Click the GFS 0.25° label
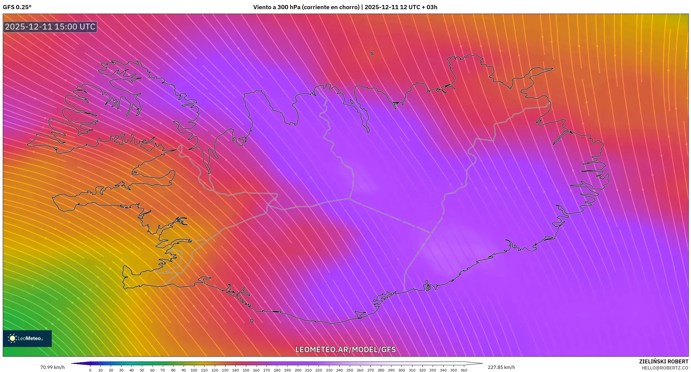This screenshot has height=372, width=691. [17, 7]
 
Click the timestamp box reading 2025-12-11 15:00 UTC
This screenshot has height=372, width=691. [50, 27]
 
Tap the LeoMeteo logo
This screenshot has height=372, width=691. [27, 338]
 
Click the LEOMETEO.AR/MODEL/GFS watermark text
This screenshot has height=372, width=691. [345, 350]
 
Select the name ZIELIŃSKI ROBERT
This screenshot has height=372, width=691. [663, 361]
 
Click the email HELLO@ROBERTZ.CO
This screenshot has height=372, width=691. [667, 368]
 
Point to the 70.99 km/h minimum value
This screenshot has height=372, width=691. [52, 367]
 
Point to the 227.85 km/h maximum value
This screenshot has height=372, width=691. [501, 367]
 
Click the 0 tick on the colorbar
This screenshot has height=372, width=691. [90, 370]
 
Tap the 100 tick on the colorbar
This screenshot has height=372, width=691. [194, 370]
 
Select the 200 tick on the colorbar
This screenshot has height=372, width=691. [298, 370]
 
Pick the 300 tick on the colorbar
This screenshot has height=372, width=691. [402, 370]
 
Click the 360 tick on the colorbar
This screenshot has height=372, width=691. [464, 370]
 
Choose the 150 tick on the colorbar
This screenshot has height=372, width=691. [246, 370]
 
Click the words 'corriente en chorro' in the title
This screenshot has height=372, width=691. [331, 7]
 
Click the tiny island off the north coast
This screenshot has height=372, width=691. [372, 54]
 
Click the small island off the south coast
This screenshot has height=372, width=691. [252, 321]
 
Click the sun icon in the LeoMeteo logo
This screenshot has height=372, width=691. [12, 338]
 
